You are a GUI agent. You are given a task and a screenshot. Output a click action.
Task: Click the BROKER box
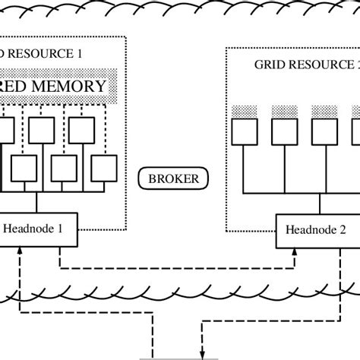point(167,179)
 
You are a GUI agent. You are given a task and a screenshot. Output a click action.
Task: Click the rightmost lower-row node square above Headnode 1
point(103,166)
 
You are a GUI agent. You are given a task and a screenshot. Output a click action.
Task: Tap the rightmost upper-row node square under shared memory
point(84,131)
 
